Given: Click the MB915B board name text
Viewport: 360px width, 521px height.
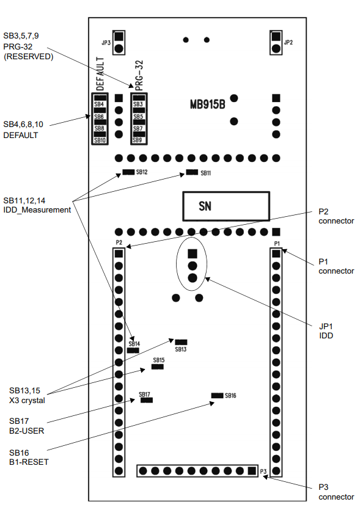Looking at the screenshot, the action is [x=207, y=104].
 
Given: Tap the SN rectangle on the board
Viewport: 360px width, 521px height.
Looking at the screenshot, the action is [x=226, y=206].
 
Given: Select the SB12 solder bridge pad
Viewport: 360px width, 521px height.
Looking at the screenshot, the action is [x=128, y=172].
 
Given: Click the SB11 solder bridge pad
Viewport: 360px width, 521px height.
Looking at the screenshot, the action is [x=192, y=172].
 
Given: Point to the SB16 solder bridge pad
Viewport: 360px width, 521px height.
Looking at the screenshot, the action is [x=217, y=395].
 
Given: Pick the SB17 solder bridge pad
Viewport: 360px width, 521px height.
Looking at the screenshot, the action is [x=147, y=400].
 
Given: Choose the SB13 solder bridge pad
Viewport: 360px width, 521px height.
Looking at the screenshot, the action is [x=181, y=342].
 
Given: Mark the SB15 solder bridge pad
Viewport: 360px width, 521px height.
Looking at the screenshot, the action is [x=158, y=367].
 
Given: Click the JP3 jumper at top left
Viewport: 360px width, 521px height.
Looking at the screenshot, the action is [x=119, y=43].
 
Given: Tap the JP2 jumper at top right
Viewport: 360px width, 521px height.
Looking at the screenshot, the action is [x=276, y=43].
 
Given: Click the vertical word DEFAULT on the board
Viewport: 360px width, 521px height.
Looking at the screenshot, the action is [x=100, y=74].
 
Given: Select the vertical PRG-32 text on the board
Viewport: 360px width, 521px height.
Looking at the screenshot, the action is [x=139, y=75].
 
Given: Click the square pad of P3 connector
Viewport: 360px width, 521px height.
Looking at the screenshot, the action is [x=252, y=471].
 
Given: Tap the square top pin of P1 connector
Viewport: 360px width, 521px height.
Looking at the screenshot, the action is [x=276, y=254].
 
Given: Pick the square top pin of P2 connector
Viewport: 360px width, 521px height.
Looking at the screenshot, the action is [x=119, y=254].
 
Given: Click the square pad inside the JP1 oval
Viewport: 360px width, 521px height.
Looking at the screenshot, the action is [x=193, y=254].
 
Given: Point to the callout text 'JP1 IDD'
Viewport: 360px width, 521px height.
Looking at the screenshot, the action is [x=326, y=331].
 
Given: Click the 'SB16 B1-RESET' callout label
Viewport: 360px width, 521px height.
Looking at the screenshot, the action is [x=29, y=457].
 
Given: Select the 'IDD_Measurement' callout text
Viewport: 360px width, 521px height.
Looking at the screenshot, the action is [x=37, y=210].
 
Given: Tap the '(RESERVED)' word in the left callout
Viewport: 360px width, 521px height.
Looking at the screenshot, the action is [x=29, y=56].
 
